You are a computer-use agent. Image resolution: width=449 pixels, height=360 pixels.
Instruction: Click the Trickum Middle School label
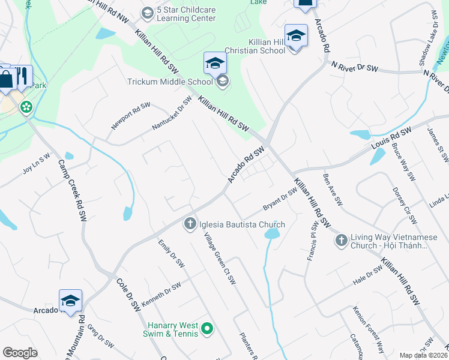[170, 82]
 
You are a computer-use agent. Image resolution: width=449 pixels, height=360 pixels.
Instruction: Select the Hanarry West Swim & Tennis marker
[207, 328]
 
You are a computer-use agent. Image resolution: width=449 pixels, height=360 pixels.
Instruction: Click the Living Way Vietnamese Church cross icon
[341, 241]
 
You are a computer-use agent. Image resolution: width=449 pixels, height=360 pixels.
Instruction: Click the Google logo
[20, 353]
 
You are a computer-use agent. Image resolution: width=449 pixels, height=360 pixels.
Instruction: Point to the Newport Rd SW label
[130, 116]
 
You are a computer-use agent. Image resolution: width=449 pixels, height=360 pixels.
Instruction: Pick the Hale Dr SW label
[367, 274]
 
